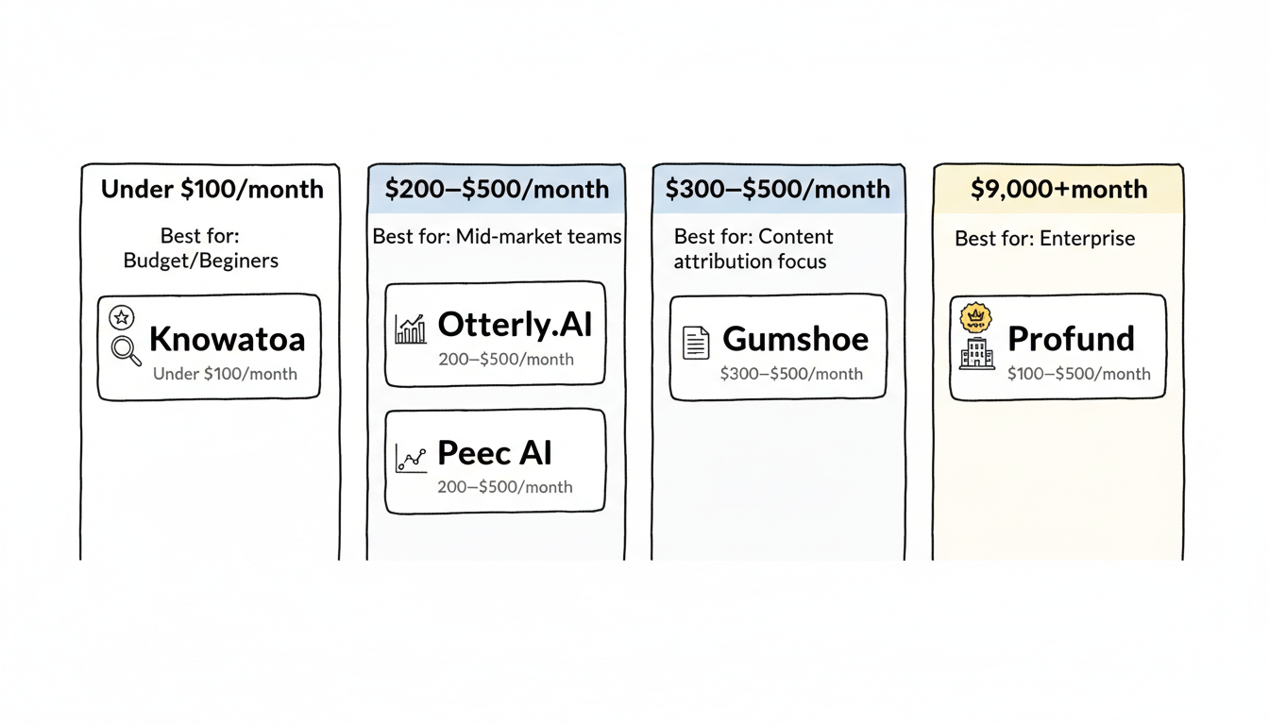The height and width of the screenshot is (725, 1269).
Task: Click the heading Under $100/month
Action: [x=211, y=189]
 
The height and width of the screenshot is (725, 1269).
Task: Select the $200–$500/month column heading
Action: [x=497, y=189]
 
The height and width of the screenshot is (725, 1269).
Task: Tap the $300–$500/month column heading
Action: [x=777, y=189]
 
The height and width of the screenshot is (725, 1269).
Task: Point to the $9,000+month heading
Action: [x=1058, y=189]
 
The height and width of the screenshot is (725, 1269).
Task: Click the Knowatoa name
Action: [x=227, y=340]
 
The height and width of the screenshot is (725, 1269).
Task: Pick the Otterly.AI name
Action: [x=515, y=325]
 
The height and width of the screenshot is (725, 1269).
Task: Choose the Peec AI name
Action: [x=495, y=454]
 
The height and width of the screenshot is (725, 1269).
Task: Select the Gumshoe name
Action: [x=795, y=339]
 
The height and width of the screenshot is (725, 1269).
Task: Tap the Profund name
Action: [x=1071, y=338]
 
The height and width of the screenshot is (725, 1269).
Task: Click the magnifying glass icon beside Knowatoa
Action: [x=126, y=350]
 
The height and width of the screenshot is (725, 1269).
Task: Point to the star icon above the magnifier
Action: [x=121, y=317]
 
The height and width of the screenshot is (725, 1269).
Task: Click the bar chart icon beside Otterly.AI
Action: [x=411, y=329]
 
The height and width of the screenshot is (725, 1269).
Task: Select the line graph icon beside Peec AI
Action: [x=411, y=459]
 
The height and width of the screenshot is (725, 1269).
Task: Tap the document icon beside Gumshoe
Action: [x=695, y=342]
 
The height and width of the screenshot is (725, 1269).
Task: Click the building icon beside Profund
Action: [x=976, y=353]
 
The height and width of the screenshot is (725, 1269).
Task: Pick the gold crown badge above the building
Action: [x=974, y=318]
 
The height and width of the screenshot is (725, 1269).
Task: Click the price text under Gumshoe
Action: [x=791, y=374]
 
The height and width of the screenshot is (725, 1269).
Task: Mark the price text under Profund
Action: [x=1078, y=374]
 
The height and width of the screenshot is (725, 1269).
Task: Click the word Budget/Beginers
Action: [x=201, y=261]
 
